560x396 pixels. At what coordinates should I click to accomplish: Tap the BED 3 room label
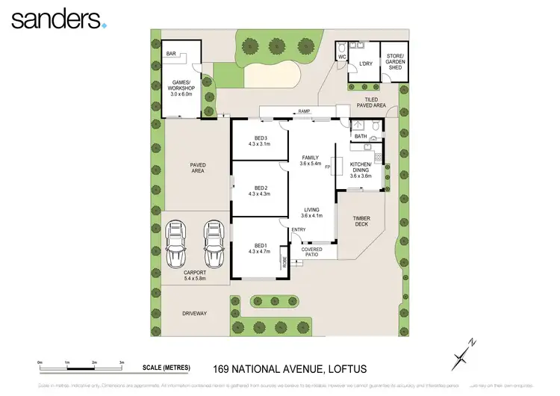click(260, 142)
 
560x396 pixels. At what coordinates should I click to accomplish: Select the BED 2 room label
click(260, 191)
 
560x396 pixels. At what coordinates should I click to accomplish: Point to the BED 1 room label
click(260, 248)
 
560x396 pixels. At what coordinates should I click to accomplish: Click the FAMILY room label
click(310, 160)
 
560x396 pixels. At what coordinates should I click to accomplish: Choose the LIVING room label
click(311, 213)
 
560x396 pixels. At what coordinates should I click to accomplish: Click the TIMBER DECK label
click(361, 221)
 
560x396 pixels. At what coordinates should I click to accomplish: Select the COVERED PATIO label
click(323, 252)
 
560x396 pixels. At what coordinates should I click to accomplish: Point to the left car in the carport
click(176, 241)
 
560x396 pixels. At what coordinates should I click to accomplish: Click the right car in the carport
click(214, 241)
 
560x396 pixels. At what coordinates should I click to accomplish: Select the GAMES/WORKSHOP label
click(181, 88)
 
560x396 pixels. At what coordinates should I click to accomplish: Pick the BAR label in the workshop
click(171, 54)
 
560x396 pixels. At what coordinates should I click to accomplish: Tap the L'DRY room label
click(365, 64)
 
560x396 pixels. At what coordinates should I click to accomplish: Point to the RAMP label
click(304, 111)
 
